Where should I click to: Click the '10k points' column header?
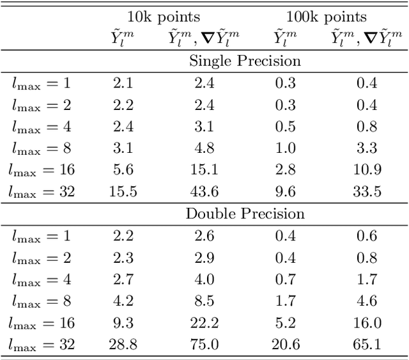pyautogui.click(x=163, y=17)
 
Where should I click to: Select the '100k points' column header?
pyautogui.click(x=326, y=17)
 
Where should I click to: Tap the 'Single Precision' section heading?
pyautogui.click(x=245, y=61)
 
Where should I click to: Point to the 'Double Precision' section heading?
pyautogui.click(x=245, y=214)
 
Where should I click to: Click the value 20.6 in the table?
pyautogui.click(x=285, y=344)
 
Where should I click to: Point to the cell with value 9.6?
pyautogui.click(x=285, y=191)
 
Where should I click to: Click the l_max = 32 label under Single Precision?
pyautogui.click(x=43, y=191)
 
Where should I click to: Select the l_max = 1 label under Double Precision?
pyautogui.click(x=43, y=235)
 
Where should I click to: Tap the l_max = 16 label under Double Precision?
pyautogui.click(x=43, y=322)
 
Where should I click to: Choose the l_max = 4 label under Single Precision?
pyautogui.click(x=43, y=126)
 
